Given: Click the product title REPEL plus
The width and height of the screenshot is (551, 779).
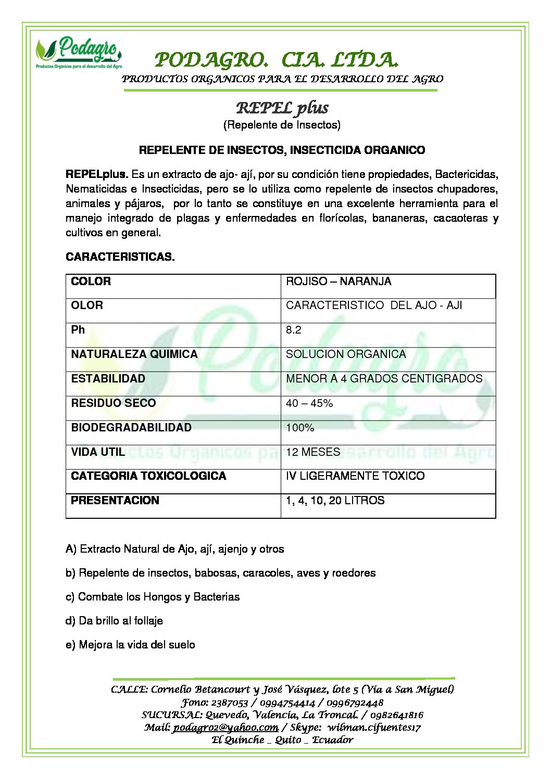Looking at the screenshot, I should coord(282,108).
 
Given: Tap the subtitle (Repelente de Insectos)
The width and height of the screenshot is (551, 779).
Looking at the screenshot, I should coord(282,125).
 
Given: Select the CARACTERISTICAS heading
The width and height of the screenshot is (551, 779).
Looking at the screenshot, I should coord(120,257).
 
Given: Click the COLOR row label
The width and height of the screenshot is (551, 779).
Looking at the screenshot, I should coord(91,282).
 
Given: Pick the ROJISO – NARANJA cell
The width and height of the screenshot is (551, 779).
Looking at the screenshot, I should coord(339,282).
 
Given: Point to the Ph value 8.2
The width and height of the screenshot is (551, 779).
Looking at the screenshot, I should coord(294,330).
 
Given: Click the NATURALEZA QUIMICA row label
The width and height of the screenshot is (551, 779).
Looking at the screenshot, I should coord(134,354).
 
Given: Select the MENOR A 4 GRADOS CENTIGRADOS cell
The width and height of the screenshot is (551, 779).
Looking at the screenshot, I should coord(384,379).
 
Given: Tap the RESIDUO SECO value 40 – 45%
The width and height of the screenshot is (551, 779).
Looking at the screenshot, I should coord(309,403).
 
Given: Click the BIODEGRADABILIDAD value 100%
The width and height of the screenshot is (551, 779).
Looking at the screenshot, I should coord(300,428).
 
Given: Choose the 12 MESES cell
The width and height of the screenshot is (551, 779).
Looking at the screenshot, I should coord(312,452).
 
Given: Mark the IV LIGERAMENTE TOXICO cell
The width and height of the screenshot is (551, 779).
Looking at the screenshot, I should coord(355,476).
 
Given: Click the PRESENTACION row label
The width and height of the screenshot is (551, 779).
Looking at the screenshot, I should coord(115,501).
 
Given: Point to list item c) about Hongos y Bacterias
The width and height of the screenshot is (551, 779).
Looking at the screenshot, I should coord(153,597).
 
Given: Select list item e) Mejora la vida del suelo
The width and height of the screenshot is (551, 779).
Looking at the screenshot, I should coord(130,645).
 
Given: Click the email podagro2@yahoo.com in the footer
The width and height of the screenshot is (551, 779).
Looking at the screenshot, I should coord(226,727).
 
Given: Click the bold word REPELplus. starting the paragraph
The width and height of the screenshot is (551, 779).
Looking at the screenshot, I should coord(97,174).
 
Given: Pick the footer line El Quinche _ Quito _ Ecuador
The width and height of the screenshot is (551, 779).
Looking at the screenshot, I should coord(282,739).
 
